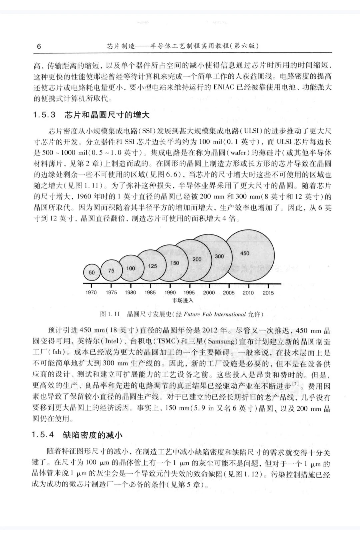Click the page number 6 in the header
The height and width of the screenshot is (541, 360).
(x=39, y=46)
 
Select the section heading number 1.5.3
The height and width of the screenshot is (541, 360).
(x=44, y=115)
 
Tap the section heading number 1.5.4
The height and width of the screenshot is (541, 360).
(x=43, y=435)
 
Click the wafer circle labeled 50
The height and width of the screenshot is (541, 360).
(x=92, y=272)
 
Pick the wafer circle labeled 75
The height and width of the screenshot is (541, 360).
(x=111, y=270)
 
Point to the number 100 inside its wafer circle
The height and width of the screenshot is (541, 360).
(x=131, y=268)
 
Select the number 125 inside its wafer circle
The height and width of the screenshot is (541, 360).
(x=152, y=266)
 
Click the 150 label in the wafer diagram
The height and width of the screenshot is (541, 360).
(x=174, y=263)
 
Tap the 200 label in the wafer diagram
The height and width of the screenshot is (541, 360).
(x=197, y=259)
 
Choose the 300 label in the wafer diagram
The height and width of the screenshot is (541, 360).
(x=219, y=256)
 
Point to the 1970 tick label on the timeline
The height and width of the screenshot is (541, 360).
(x=91, y=293)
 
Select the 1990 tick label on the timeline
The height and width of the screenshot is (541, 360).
(x=170, y=293)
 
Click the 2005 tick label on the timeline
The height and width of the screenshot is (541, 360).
(x=229, y=293)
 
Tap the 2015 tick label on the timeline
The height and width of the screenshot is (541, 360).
(x=268, y=293)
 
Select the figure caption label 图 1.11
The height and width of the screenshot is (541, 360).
(x=110, y=314)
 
